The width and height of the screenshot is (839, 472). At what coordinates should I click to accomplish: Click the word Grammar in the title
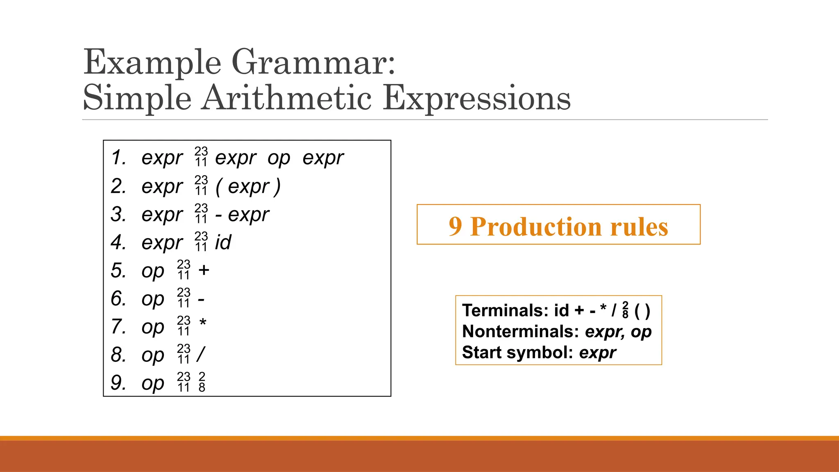(x=313, y=62)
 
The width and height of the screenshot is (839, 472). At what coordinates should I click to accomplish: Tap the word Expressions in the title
(x=476, y=99)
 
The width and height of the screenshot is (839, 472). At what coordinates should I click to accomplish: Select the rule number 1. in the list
(x=119, y=158)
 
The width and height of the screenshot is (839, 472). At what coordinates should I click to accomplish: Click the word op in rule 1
(x=279, y=159)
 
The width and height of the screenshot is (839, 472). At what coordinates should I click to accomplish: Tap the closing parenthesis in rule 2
(x=278, y=187)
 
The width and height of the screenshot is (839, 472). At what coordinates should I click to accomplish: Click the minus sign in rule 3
(x=219, y=215)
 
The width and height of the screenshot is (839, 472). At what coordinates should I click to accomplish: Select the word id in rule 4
(x=223, y=242)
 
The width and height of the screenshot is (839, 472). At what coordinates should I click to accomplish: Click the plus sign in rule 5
(x=204, y=270)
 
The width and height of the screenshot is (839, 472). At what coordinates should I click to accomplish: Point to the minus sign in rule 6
(x=201, y=300)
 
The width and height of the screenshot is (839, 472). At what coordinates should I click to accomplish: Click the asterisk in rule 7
(x=203, y=323)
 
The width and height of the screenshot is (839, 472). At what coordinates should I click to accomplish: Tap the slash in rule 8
(x=201, y=354)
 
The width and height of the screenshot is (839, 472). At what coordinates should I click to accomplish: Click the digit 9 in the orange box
(x=455, y=226)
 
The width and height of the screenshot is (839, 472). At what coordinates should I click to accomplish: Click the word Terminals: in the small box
(x=505, y=311)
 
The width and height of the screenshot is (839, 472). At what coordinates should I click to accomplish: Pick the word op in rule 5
(x=153, y=271)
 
